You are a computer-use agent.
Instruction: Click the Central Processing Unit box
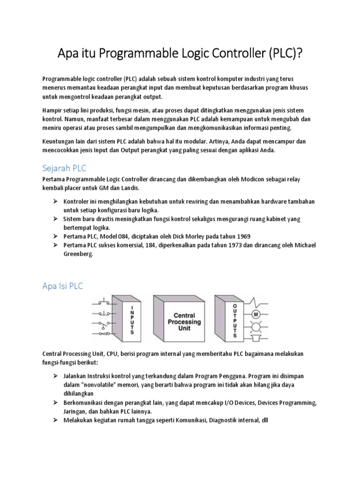click(183, 322)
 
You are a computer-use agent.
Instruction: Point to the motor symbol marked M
click(256, 314)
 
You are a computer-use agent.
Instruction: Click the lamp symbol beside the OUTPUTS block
click(256, 326)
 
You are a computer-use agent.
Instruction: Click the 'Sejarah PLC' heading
click(64, 168)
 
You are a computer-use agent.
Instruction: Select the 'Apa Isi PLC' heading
click(62, 285)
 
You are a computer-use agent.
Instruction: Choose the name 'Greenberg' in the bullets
click(78, 254)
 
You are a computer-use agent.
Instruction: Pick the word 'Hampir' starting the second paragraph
click(52, 110)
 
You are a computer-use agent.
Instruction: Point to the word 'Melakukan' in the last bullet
click(79, 420)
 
